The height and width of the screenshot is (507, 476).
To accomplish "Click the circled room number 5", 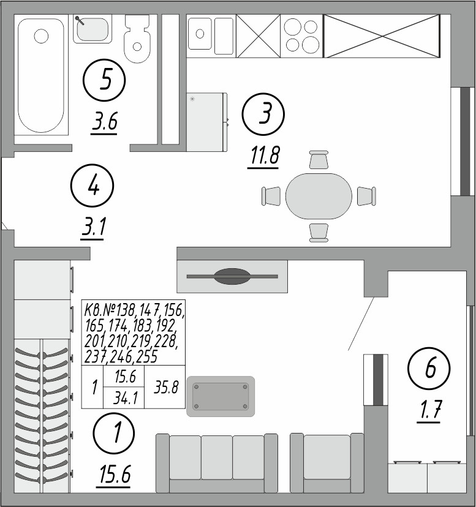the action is pyautogui.click(x=105, y=80).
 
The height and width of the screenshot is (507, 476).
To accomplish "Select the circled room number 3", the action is pyautogui.click(x=263, y=114).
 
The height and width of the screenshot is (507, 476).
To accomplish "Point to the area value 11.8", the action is pyautogui.click(x=264, y=156).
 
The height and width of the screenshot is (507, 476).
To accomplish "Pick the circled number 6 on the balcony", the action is pyautogui.click(x=429, y=368).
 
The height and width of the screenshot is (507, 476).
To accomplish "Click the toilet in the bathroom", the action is pyautogui.click(x=137, y=40).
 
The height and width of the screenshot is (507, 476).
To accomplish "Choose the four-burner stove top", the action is pyautogui.click(x=303, y=36).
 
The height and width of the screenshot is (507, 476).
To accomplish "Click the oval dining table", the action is pyautogui.click(x=319, y=196).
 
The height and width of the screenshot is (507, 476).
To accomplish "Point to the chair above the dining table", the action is pyautogui.click(x=319, y=160).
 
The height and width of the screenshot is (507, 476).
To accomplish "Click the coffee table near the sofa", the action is pyautogui.click(x=221, y=396).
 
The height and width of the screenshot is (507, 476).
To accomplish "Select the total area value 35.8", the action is pyautogui.click(x=165, y=388).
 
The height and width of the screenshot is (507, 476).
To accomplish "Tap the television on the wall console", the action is pyautogui.click(x=232, y=277).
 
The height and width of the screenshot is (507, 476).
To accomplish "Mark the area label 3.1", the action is pyautogui.click(x=94, y=228).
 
